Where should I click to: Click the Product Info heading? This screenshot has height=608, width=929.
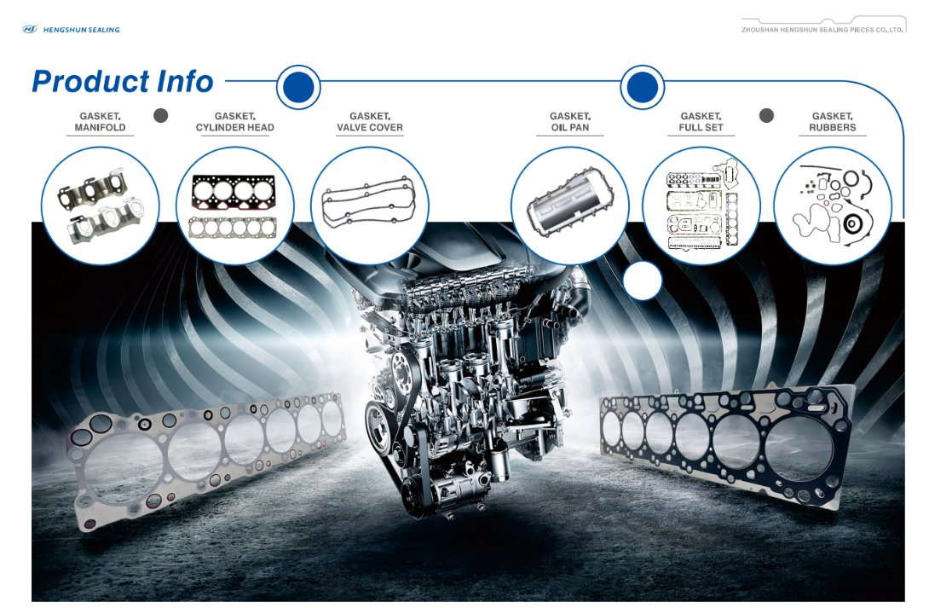pos(122,82)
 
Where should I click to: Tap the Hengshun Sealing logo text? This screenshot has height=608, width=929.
pos(81,30)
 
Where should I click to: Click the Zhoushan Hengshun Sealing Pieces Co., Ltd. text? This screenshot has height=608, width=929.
pos(822,30)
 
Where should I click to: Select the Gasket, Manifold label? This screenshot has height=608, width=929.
pos(100,121)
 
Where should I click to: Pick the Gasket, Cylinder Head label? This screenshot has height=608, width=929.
pos(235,121)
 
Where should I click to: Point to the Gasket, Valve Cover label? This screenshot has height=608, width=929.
pos(370,121)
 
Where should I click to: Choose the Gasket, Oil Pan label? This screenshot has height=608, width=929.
pos(570,121)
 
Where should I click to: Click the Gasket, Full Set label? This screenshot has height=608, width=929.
pos(701,121)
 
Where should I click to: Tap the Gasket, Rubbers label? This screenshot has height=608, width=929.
pos(833,121)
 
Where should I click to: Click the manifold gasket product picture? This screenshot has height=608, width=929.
pos(100,206)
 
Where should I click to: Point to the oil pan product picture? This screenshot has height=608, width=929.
pos(570,206)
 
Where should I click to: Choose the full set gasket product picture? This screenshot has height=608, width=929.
pos(701,206)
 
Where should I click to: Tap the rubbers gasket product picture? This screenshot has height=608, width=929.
pos(833,206)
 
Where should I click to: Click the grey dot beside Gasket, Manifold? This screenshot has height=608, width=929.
pos(160,115)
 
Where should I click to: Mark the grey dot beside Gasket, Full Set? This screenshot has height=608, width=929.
pos(766,115)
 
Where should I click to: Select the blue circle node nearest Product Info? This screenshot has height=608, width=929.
pos(298,87)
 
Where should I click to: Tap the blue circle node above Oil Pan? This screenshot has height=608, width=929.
pos(643,87)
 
